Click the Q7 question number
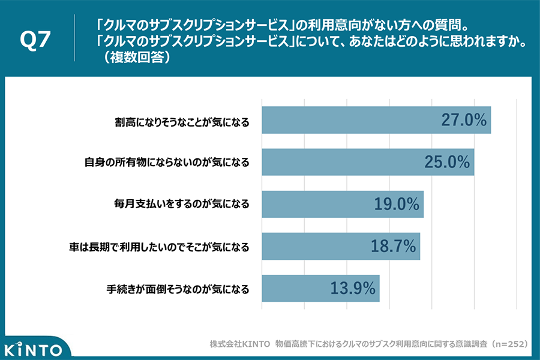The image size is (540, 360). [x=35, y=40]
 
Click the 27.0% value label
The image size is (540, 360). [x=463, y=120]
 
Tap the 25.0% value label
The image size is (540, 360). [x=446, y=162]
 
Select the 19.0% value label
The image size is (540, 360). [x=396, y=204]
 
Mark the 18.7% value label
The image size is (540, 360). [x=392, y=246]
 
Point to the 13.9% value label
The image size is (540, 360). [x=352, y=288]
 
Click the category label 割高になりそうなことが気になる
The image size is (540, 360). [x=182, y=121]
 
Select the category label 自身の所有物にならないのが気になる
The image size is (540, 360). [x=166, y=163]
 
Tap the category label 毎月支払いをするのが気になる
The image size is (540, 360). [x=178, y=205]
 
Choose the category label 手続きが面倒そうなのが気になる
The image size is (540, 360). [x=173, y=289]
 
